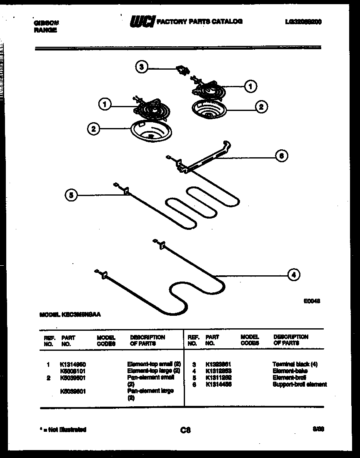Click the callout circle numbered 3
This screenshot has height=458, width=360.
(x=142, y=67)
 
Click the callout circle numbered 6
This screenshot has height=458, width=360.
(x=281, y=156)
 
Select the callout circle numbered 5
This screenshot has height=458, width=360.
(x=71, y=195)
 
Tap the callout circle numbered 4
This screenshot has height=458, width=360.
(x=294, y=274)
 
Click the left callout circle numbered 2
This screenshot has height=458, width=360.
(x=93, y=129)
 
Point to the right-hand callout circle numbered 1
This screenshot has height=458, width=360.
(x=250, y=86)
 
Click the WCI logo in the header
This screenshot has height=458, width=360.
(x=142, y=22)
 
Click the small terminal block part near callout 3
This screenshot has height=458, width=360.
(x=182, y=69)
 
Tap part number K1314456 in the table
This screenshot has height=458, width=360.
(x=218, y=384)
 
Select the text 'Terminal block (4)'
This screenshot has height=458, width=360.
(x=295, y=364)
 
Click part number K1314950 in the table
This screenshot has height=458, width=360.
(x=73, y=364)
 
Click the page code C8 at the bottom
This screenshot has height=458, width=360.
(x=185, y=430)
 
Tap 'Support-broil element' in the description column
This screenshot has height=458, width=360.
(x=300, y=384)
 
